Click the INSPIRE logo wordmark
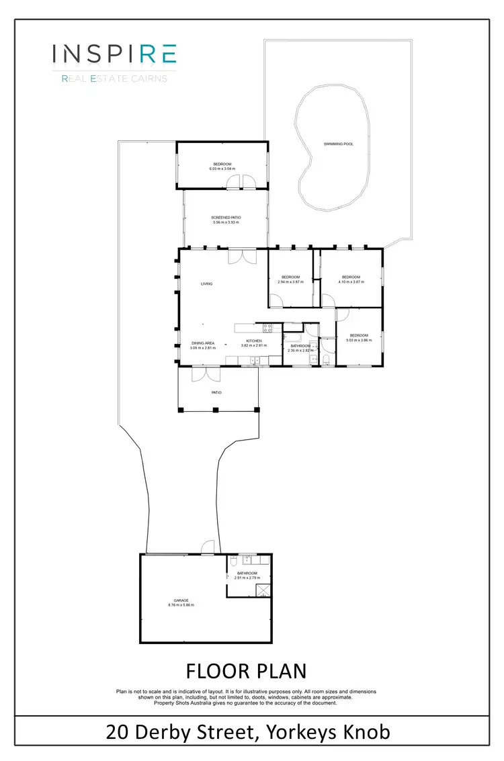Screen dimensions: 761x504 [114, 54]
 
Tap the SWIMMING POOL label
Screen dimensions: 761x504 [338, 144]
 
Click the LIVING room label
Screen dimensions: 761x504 [206, 283]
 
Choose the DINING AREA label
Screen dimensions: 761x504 [202, 343]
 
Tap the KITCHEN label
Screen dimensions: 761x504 [253, 341]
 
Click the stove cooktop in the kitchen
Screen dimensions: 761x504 [266, 328]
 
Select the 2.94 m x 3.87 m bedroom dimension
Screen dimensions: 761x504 [290, 282]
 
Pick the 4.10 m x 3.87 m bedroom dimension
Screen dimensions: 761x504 [351, 282]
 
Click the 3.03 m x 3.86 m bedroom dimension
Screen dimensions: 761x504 [358, 341]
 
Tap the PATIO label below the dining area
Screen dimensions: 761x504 [216, 392]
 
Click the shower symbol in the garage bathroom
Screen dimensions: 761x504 [263, 590]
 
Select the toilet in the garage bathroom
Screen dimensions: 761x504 [232, 560]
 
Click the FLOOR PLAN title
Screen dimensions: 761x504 [246, 671]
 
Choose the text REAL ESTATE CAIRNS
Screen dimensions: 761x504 [114, 79]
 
